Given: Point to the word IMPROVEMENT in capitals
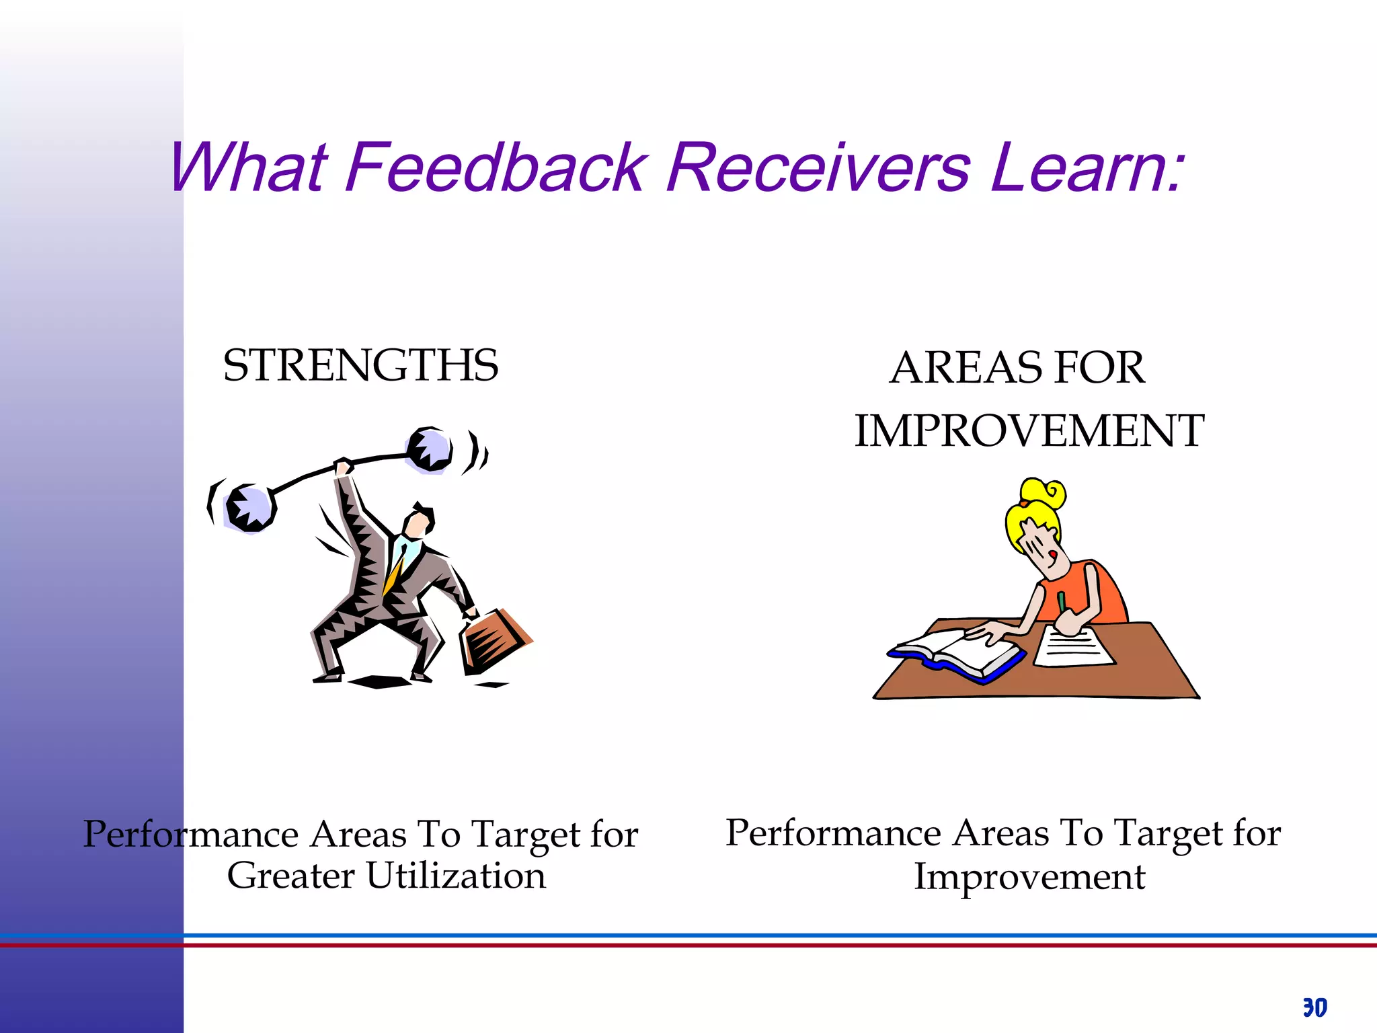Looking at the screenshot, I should click(x=1029, y=430).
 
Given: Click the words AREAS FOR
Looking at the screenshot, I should click(x=1017, y=368).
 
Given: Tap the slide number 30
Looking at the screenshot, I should click(x=1314, y=1007).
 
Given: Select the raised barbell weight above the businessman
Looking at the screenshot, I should click(x=429, y=449).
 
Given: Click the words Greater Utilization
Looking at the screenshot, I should click(x=386, y=876).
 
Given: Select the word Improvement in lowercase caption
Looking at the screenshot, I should click(x=1029, y=877).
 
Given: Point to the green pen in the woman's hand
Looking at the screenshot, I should click(x=1061, y=601).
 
